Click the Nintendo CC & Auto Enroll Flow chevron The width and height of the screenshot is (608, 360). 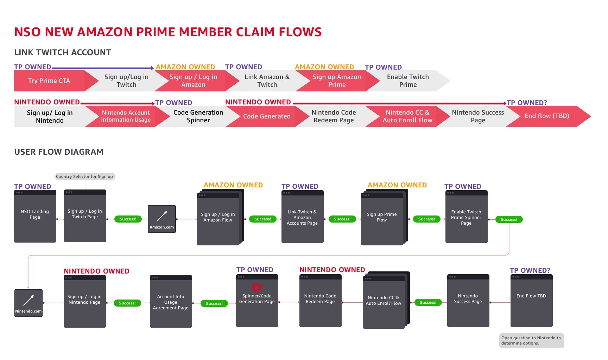pyautogui.click(x=407, y=116)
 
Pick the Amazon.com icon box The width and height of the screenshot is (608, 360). pyautogui.click(x=162, y=219)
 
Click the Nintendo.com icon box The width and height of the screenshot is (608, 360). pyautogui.click(x=28, y=303)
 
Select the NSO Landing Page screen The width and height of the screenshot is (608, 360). pyautogui.click(x=35, y=216)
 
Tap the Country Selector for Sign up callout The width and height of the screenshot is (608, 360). pyautogui.click(x=85, y=176)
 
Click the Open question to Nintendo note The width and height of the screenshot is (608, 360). pyautogui.click(x=532, y=341)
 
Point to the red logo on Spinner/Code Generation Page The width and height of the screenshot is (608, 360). pyautogui.click(x=257, y=287)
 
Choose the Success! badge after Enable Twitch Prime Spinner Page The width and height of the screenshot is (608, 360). pyautogui.click(x=509, y=219)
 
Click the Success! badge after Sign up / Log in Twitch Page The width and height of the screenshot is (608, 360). pyautogui.click(x=128, y=219)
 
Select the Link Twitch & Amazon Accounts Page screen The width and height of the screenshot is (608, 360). pyautogui.click(x=303, y=217)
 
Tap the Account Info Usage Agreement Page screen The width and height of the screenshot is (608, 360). pyautogui.click(x=171, y=301)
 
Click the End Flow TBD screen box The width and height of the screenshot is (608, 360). pyautogui.click(x=532, y=301)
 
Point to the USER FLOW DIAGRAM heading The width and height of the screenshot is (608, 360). pyautogui.click(x=59, y=152)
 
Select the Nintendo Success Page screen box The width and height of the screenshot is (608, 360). pyautogui.click(x=468, y=301)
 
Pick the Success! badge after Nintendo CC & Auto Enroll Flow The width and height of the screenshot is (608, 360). pyautogui.click(x=428, y=302)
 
